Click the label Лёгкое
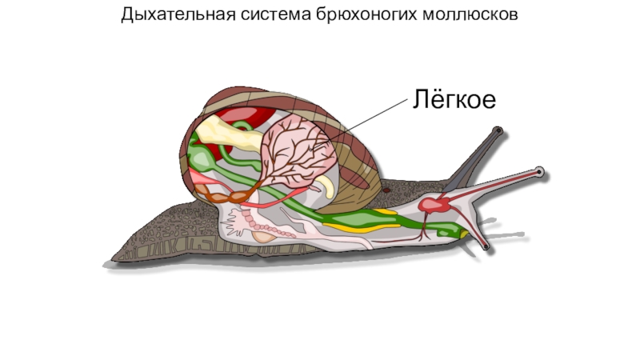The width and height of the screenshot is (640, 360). point(454,100)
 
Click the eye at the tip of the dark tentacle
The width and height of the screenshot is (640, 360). point(498,130)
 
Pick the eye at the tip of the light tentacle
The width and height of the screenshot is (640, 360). point(540,170)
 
